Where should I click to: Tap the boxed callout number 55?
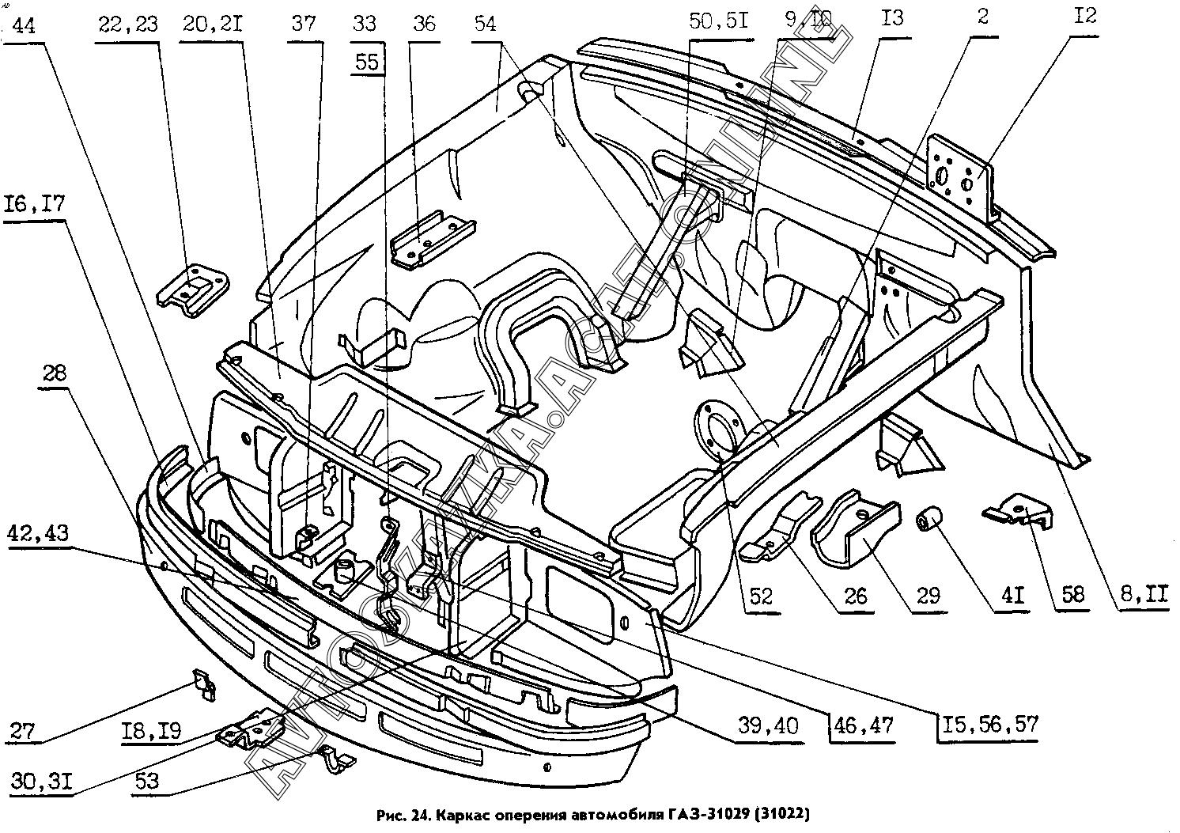point(368,62)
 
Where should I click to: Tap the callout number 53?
point(146,782)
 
